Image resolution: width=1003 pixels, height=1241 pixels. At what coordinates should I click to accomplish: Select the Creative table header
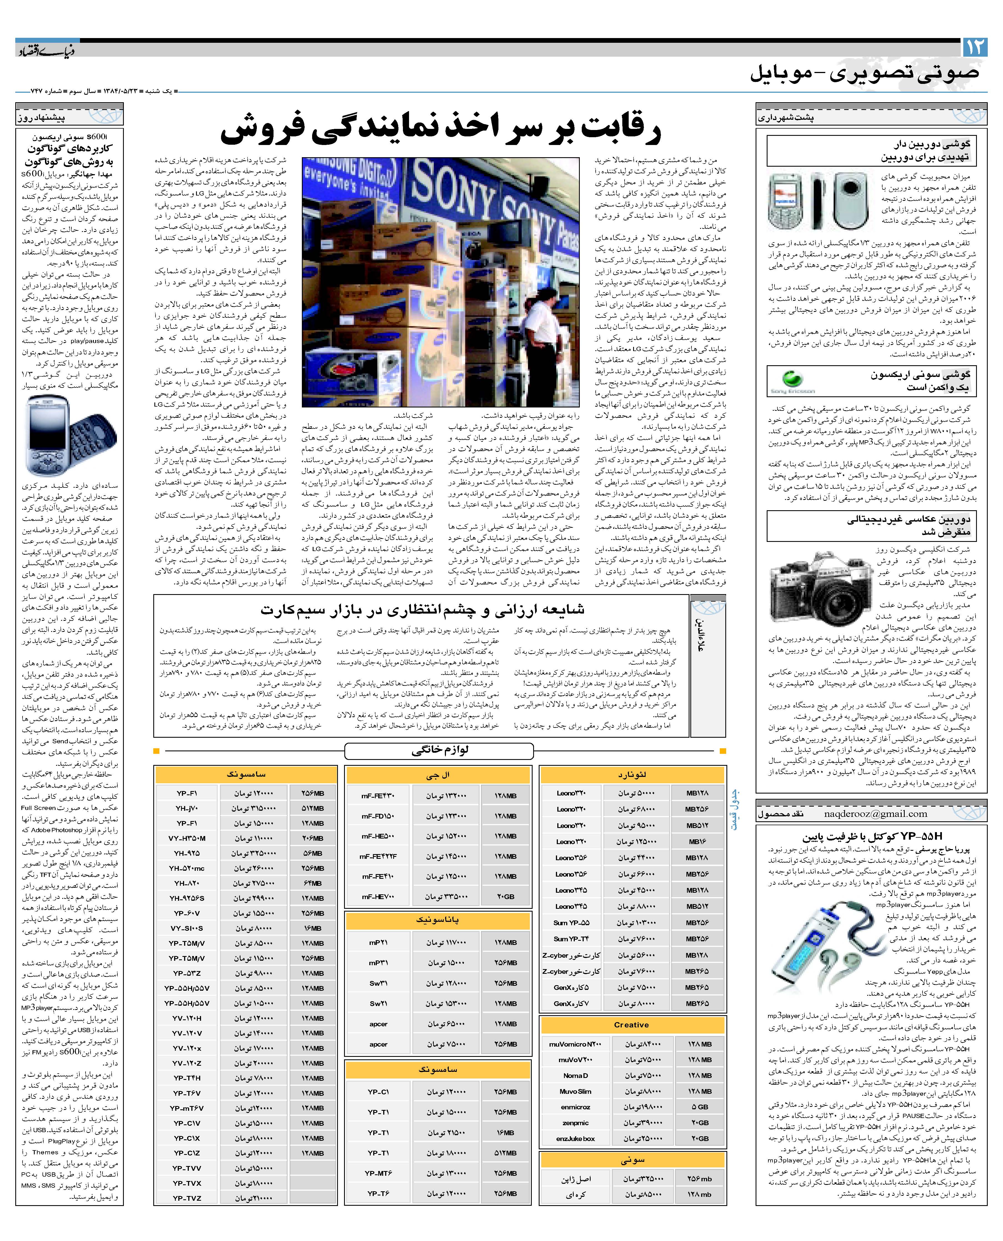click(x=631, y=1024)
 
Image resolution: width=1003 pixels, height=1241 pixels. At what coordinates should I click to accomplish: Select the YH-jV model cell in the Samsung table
click(x=187, y=808)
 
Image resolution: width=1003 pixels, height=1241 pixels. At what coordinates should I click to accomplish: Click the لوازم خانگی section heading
click(x=439, y=750)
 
